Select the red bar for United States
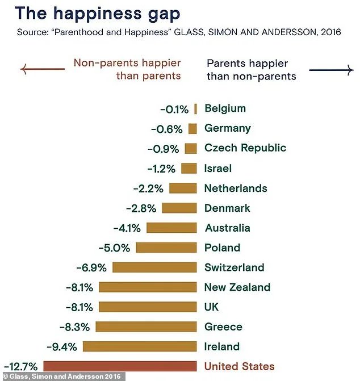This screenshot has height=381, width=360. [120, 366]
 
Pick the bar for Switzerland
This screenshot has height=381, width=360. [154, 267]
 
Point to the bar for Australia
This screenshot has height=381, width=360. [171, 228]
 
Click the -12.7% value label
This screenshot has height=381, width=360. [21, 366]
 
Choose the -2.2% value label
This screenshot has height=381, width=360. [148, 188]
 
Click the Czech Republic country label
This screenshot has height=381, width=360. [245, 148]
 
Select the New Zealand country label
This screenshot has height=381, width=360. [237, 287]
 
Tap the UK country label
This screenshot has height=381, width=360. [212, 307]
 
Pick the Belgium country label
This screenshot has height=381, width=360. [225, 108]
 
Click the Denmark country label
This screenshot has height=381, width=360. [227, 208]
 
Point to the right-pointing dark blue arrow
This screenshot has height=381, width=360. [330, 69]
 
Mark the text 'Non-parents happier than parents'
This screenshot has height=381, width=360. [127, 69]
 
